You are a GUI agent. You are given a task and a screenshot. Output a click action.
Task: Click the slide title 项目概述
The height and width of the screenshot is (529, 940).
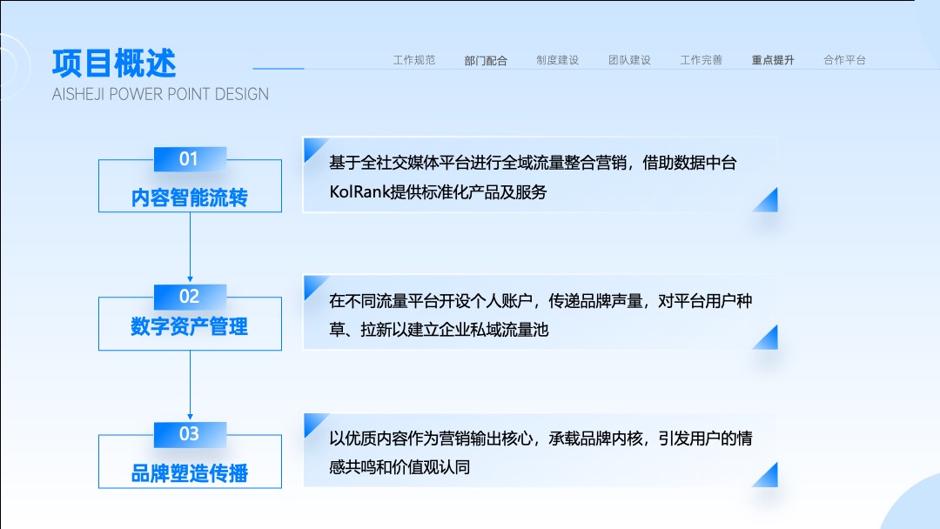pyautogui.click(x=114, y=64)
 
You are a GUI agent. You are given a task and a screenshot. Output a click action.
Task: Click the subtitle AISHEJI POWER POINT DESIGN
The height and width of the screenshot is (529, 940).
pyautogui.click(x=160, y=94)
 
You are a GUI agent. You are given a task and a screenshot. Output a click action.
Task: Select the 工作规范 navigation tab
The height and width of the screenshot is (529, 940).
pyautogui.click(x=414, y=60)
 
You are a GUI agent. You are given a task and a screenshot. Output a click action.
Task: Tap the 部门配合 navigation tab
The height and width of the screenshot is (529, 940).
pyautogui.click(x=486, y=61)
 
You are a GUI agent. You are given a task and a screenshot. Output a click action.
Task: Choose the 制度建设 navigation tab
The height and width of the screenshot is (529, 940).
pyautogui.click(x=558, y=60)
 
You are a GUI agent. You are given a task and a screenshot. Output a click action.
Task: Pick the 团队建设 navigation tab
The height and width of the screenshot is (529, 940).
pyautogui.click(x=629, y=60)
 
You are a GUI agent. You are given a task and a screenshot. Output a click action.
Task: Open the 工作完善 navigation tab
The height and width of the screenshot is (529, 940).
pyautogui.click(x=702, y=60)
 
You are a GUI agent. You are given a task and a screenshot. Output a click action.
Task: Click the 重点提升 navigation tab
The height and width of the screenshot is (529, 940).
pyautogui.click(x=773, y=60)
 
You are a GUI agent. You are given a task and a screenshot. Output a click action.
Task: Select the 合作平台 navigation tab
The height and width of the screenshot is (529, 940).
pyautogui.click(x=844, y=60)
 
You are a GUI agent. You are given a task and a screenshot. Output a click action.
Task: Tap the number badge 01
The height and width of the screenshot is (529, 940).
pyautogui.click(x=190, y=158)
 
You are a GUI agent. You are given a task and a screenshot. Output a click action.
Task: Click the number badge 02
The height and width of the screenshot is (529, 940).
pyautogui.click(x=190, y=297)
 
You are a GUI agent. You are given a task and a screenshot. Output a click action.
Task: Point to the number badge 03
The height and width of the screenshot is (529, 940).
pyautogui.click(x=190, y=434)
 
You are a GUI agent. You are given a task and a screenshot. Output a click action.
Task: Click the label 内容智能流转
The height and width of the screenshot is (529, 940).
pyautogui.click(x=190, y=198)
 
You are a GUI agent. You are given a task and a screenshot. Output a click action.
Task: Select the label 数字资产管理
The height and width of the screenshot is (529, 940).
pyautogui.click(x=190, y=326)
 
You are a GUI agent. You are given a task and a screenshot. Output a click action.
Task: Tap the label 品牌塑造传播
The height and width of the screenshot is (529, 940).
pyautogui.click(x=190, y=473)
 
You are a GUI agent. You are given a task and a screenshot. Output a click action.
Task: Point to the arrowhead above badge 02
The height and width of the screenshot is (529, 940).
pyautogui.click(x=190, y=279)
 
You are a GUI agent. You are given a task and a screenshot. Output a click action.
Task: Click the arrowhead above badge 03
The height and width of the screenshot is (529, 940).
pyautogui.click(x=190, y=417)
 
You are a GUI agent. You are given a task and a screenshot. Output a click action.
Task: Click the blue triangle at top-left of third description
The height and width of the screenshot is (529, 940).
pyautogui.click(x=312, y=422)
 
